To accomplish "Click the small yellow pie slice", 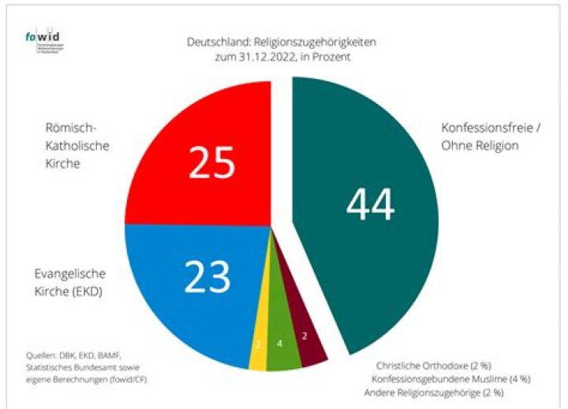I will point(257,344).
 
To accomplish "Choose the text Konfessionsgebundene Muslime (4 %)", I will point(437,378).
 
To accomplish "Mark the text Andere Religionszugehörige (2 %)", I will point(433,392).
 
